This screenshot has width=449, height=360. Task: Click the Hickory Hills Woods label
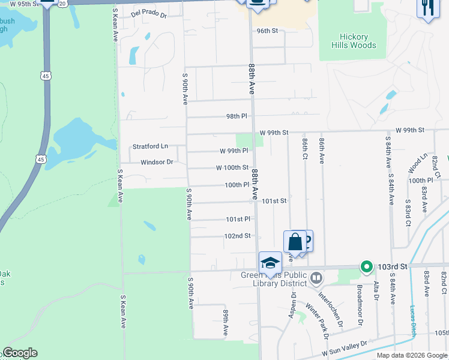tap(354, 41)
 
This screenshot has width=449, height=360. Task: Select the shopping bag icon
tap(295, 242)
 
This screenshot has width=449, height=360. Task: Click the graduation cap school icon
tap(270, 263)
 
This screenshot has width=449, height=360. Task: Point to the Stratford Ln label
tap(150, 146)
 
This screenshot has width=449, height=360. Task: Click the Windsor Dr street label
tap(157, 162)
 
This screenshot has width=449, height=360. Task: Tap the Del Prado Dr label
tap(148, 13)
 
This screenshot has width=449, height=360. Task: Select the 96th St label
tap(268, 31)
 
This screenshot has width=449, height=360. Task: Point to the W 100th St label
tap(232, 167)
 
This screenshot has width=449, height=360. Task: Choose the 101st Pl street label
tap(238, 220)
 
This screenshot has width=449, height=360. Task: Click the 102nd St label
tap(237, 236)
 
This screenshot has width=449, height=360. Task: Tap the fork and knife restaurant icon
tap(427, 8)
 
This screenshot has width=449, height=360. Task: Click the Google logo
tap(19, 353)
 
